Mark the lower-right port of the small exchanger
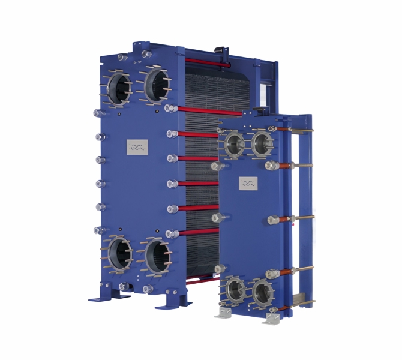(262, 293)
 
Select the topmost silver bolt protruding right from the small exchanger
(304, 130)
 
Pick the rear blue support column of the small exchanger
(306, 210)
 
